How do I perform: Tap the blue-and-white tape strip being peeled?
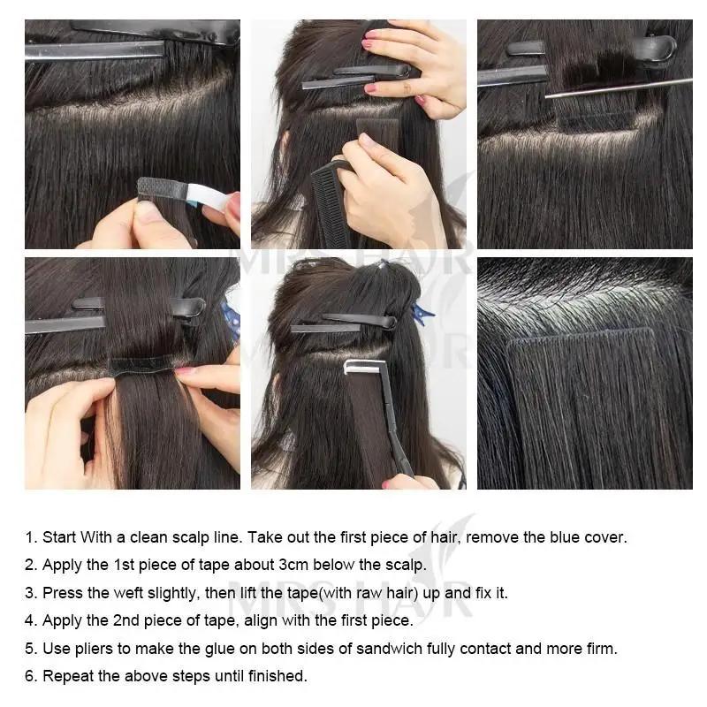(190, 192)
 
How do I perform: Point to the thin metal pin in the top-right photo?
(619, 87)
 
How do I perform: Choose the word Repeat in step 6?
(67, 677)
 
